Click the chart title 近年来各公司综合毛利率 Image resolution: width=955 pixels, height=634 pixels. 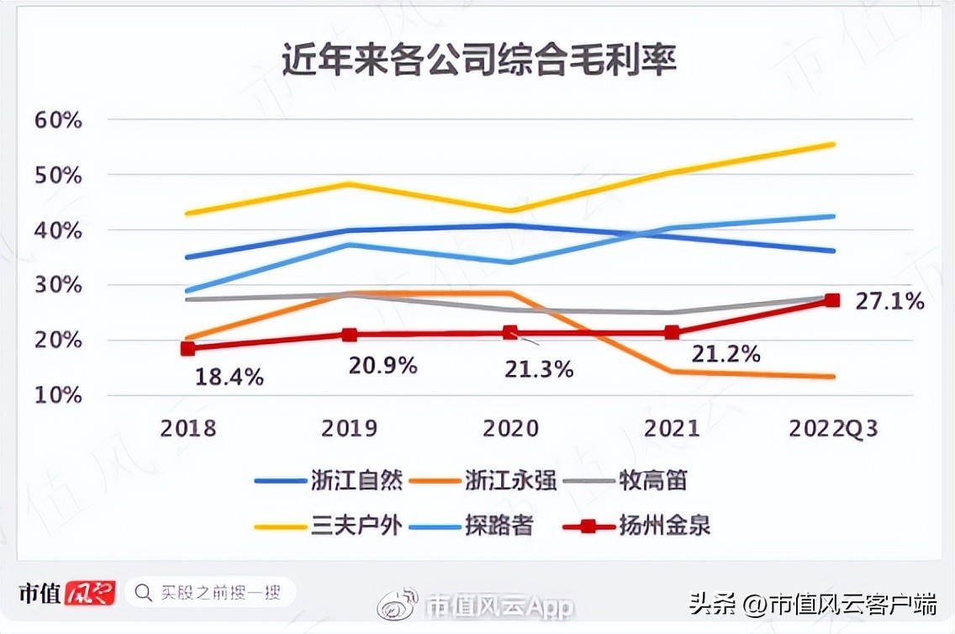coord(478,62)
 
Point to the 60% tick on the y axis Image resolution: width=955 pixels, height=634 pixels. coord(59,120)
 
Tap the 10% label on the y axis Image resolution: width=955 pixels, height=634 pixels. coord(59,395)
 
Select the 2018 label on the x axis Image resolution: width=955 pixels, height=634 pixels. coord(188,429)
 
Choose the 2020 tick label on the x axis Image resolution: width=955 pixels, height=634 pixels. coord(510,429)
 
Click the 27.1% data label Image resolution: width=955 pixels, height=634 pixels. coord(889,301)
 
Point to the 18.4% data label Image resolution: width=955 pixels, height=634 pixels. coord(230,377)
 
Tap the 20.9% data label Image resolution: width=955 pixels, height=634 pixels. coord(383,366)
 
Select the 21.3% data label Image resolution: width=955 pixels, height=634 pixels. coord(540,368)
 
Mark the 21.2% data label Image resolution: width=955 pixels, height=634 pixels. coord(725,354)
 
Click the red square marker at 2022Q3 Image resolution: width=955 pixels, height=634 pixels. coord(832,300)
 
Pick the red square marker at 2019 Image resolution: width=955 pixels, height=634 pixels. coord(350,335)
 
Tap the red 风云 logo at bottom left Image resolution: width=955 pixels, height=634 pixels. coord(90,593)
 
